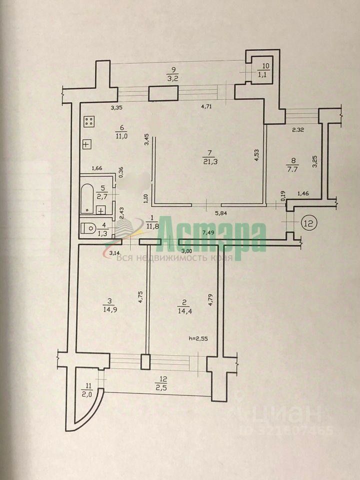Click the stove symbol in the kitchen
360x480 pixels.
[90, 121]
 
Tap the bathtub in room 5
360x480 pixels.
[87, 198]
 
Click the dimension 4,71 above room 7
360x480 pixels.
[207, 106]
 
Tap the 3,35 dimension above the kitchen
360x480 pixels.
[116, 107]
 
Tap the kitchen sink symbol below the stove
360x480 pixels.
[87, 144]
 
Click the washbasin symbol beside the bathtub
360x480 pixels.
[101, 210]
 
